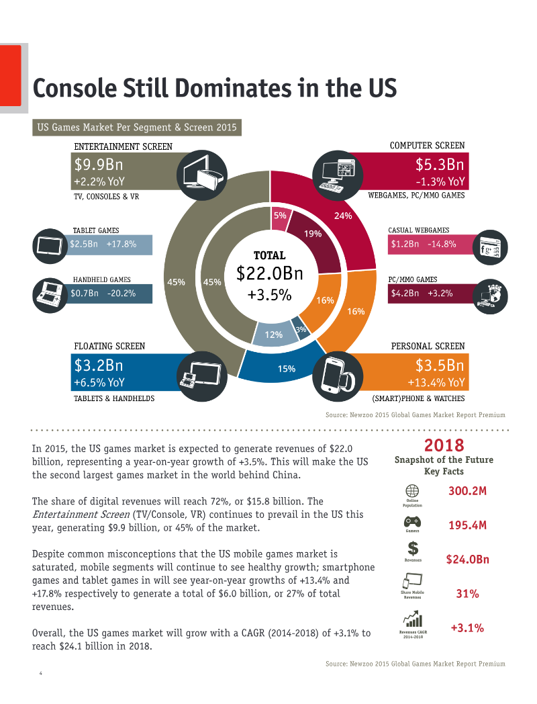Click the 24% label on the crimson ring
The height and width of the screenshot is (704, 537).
343,216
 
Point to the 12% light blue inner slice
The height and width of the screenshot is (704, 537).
273,334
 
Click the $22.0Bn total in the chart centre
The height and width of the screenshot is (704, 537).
270,273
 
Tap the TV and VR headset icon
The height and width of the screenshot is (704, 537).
202,175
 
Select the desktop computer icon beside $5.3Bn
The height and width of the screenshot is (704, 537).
337,175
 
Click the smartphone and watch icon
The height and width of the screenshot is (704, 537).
337,376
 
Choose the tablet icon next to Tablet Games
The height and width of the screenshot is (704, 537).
50,246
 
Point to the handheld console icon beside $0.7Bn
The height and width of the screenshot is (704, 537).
50,296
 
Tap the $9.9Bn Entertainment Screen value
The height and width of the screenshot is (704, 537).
99,165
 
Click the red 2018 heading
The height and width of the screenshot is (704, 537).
444,445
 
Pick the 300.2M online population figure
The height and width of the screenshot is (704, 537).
467,491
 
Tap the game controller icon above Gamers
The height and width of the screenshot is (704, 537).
412,522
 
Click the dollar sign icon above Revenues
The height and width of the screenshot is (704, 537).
413,549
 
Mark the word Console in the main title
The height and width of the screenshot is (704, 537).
75,88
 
